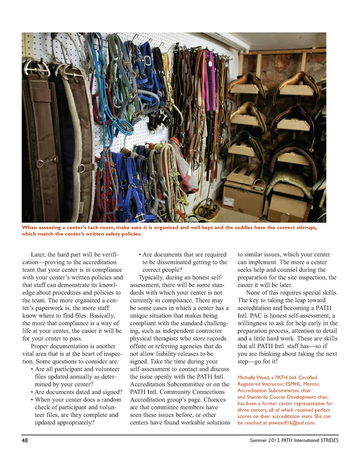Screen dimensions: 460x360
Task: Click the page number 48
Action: pos(25,440)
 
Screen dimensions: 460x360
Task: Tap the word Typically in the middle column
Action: pos(151,278)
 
